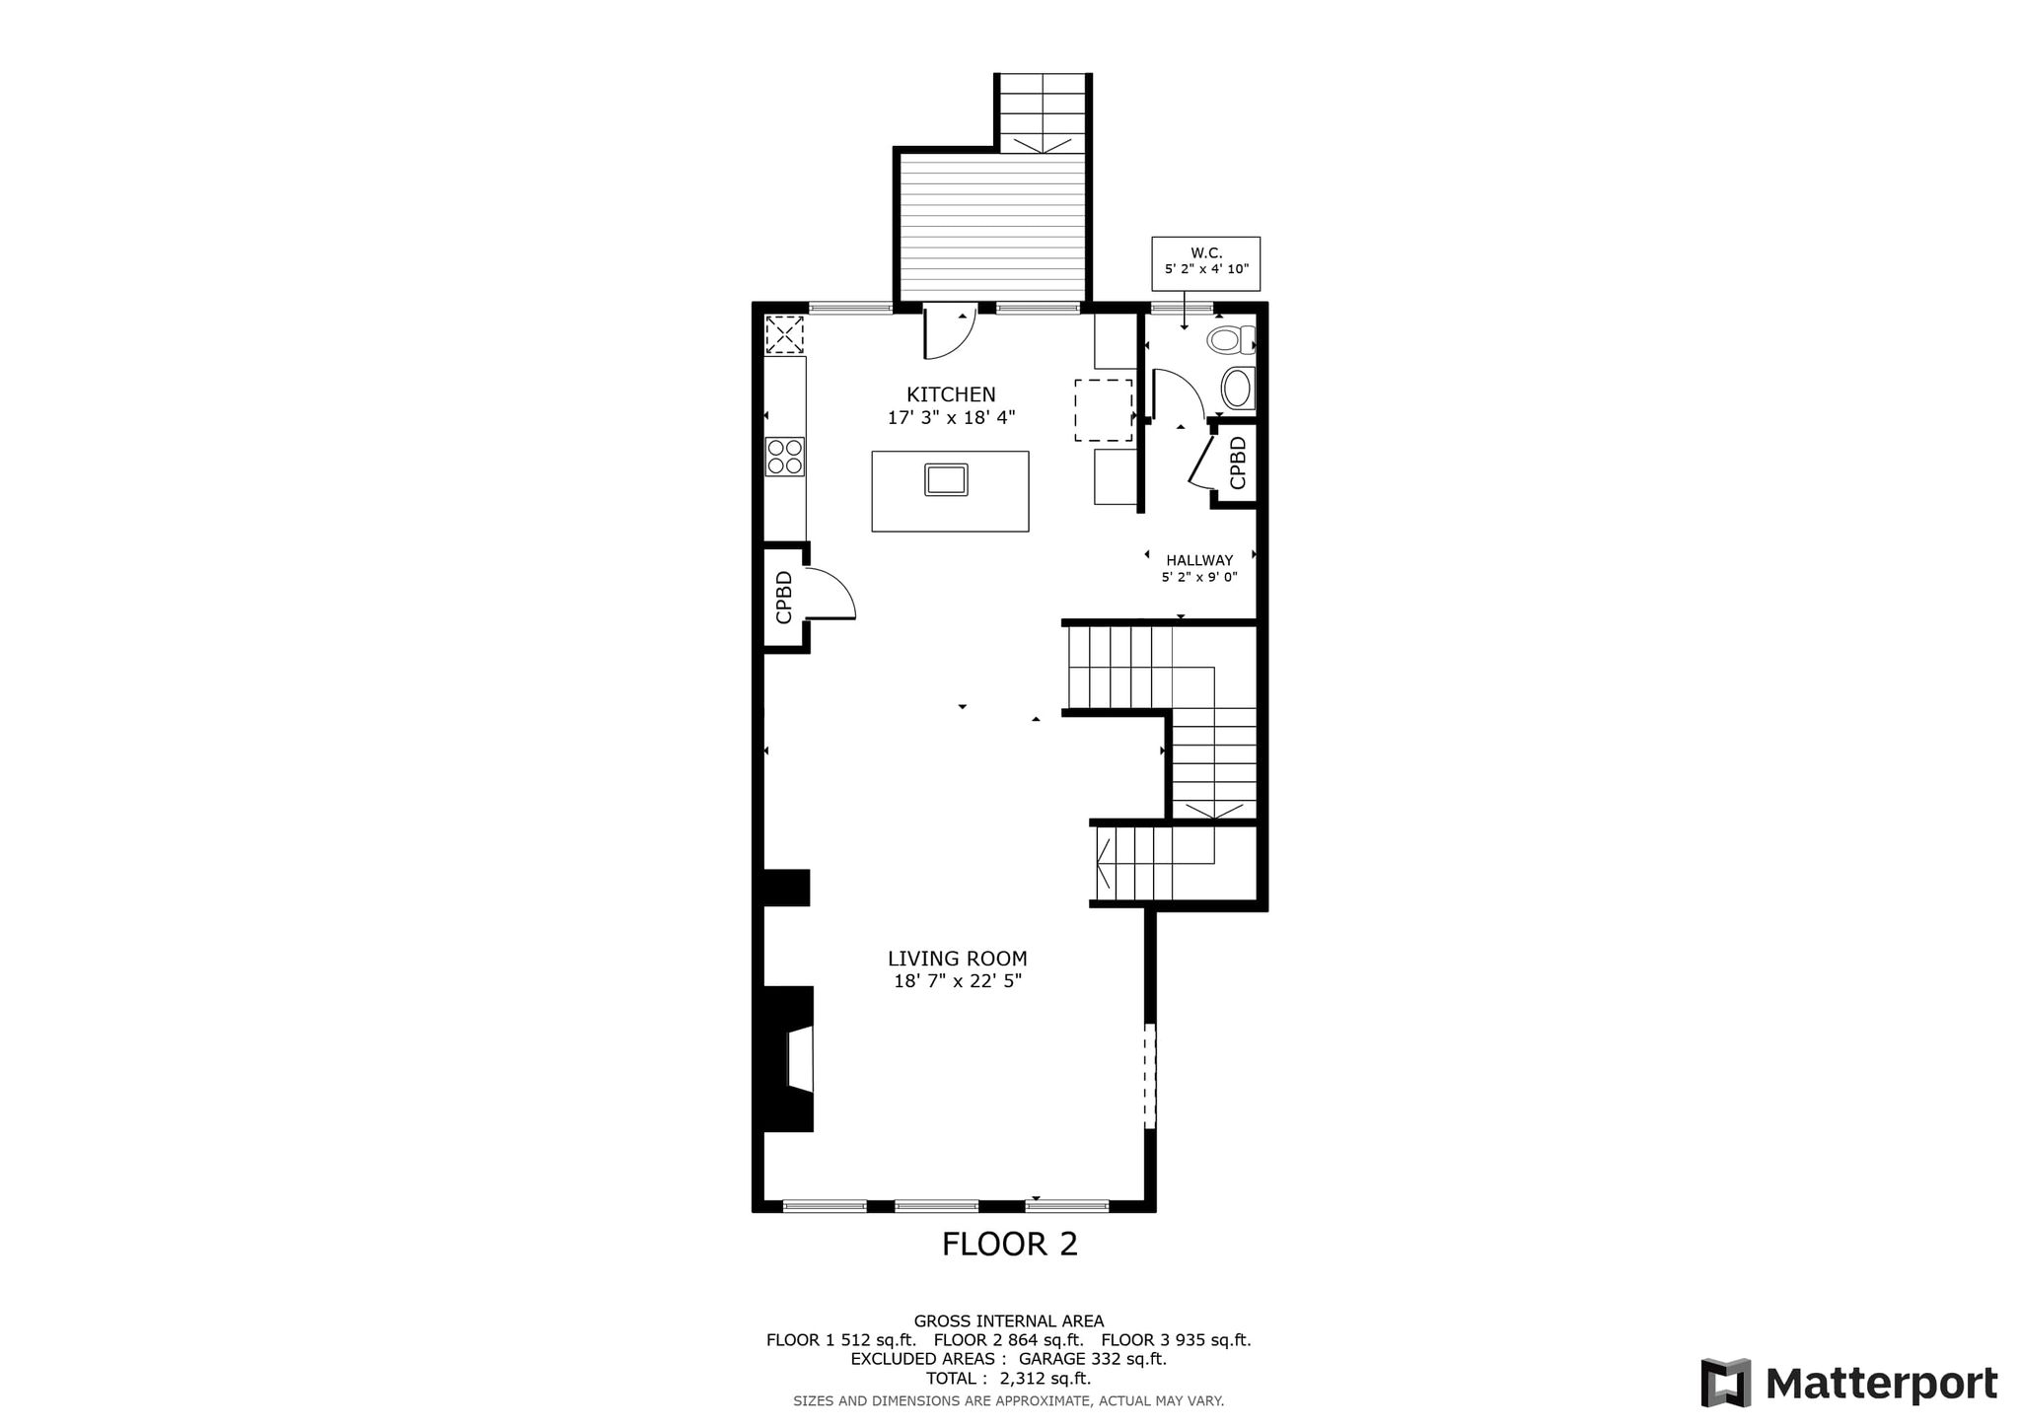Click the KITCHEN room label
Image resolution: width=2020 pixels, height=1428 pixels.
(951, 394)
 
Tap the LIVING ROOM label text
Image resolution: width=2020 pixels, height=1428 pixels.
(957, 959)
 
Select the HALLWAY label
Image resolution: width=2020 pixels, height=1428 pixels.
(1199, 560)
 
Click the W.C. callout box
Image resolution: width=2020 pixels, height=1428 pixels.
(1205, 263)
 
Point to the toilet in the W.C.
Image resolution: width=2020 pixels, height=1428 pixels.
(1229, 341)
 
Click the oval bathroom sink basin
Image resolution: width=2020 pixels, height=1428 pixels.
(1237, 389)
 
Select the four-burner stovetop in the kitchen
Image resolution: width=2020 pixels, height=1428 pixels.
(785, 457)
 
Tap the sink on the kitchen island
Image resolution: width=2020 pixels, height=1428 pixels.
(947, 479)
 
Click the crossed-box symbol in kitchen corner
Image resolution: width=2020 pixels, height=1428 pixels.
(785, 334)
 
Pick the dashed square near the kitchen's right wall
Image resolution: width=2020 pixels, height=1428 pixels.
(1104, 410)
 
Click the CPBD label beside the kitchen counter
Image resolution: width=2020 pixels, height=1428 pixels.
(785, 598)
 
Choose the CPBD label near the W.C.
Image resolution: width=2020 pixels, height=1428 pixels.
(1238, 463)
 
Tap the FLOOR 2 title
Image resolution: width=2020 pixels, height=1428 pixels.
(1010, 1244)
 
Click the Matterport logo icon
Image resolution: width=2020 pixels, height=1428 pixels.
(1726, 1383)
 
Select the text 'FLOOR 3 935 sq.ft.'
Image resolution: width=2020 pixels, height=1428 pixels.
(1176, 1340)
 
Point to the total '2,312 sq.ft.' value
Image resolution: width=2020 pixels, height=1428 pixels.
(1046, 1378)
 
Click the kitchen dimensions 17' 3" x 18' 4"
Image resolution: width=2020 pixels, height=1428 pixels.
(952, 417)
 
